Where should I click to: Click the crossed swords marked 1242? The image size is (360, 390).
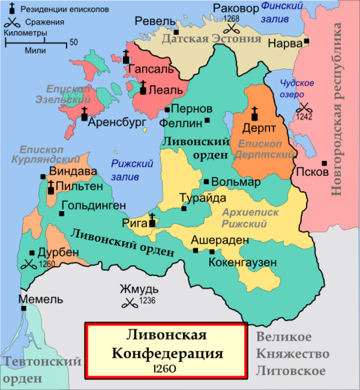305,108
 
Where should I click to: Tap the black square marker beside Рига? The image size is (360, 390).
153,223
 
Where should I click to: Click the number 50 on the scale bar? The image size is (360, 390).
74,42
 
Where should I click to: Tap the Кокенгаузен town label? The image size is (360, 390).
243,262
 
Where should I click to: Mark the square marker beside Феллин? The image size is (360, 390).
208,120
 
